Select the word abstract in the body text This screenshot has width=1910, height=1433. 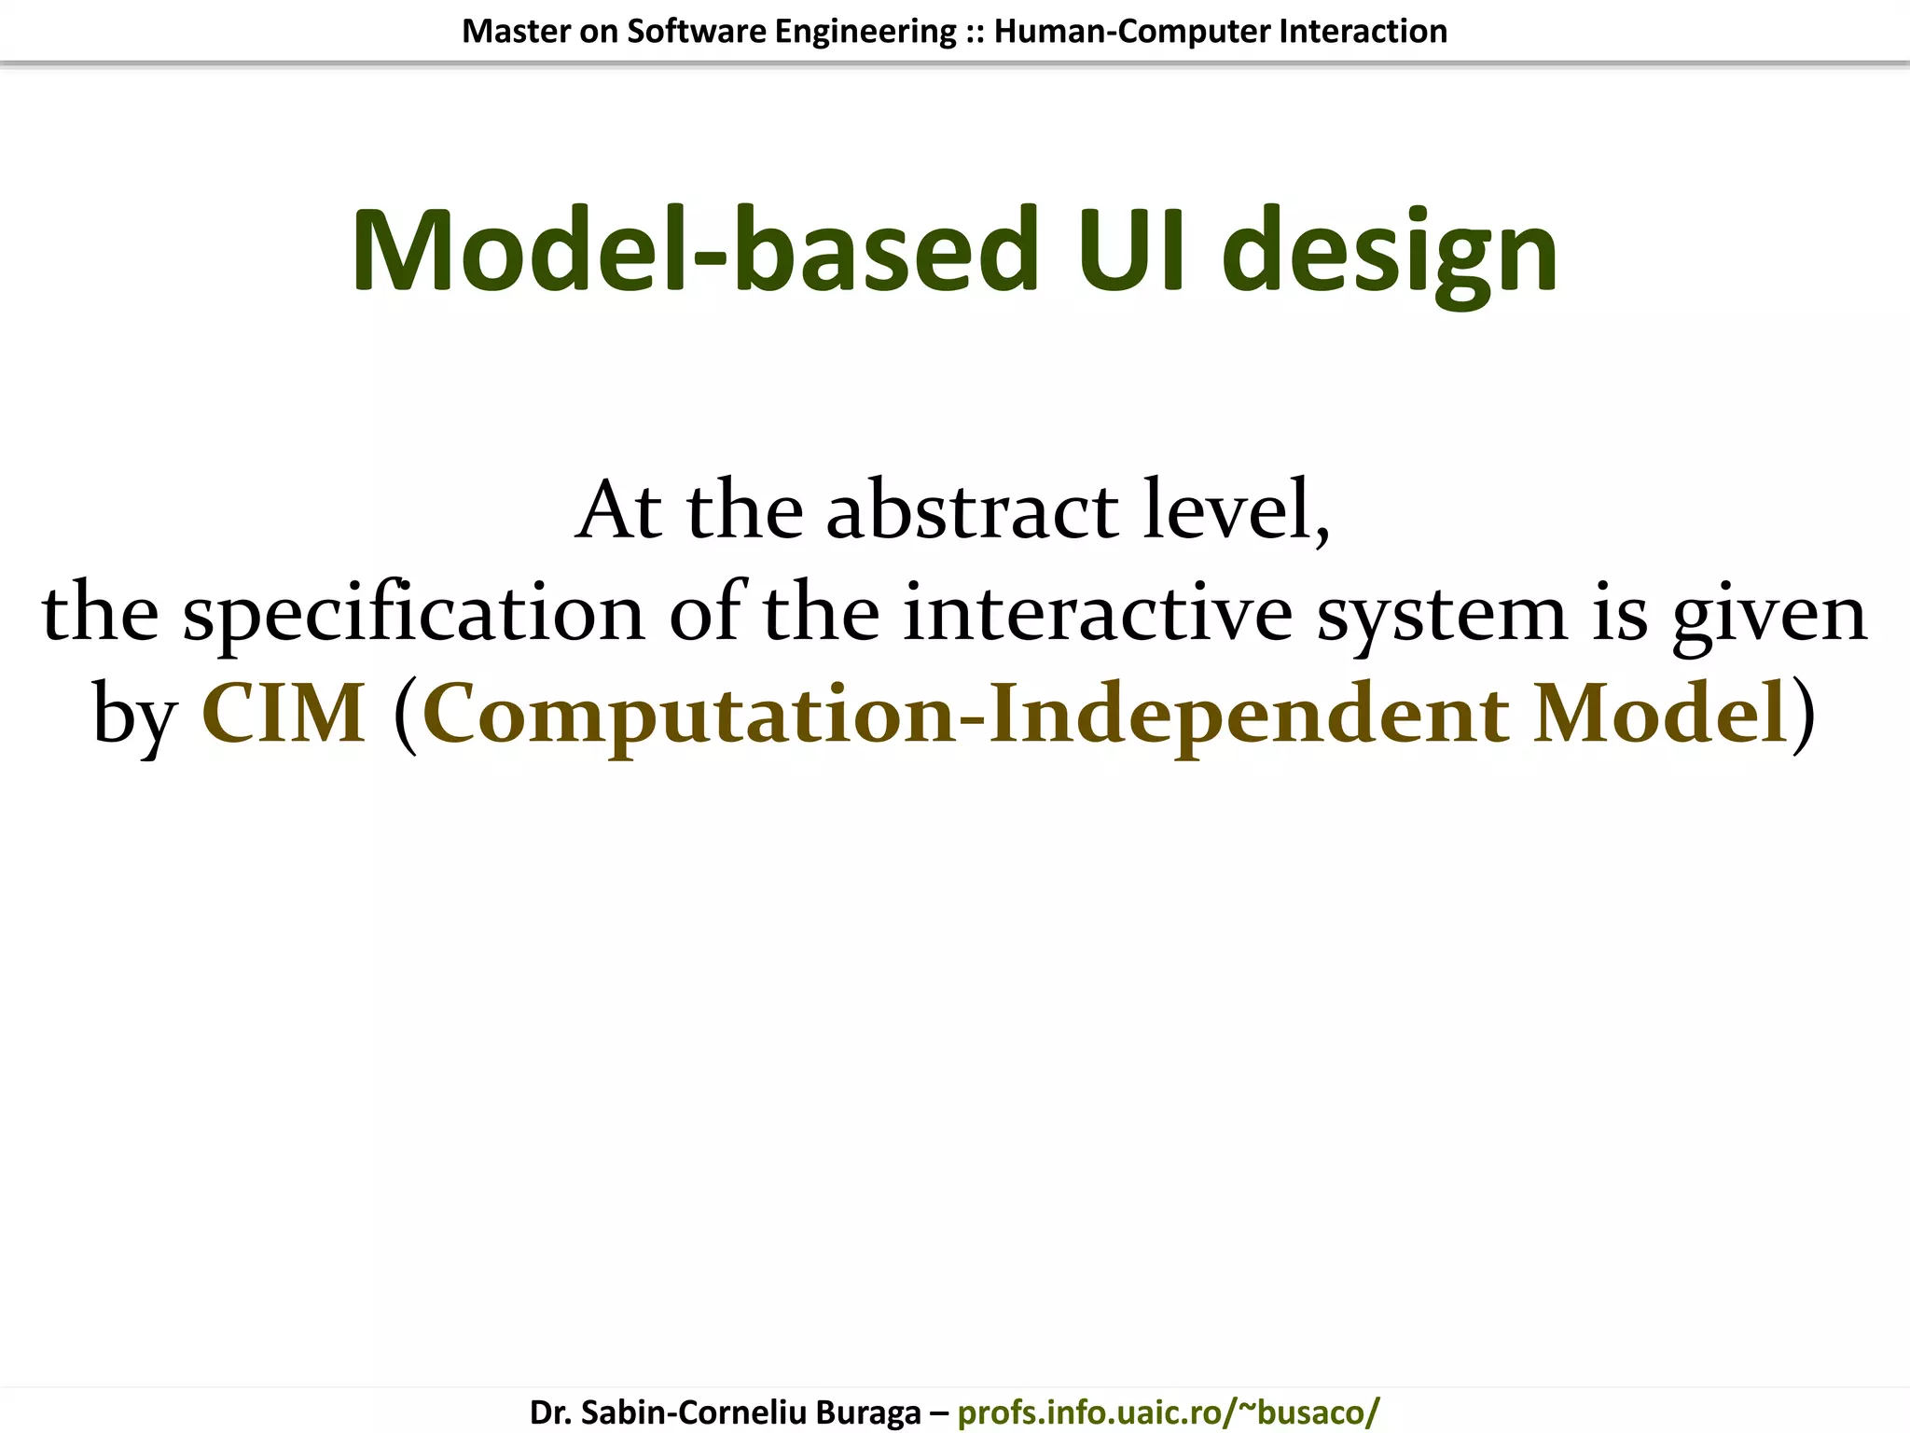coord(972,510)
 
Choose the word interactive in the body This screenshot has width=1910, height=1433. coord(1098,613)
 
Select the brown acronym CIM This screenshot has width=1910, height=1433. coord(284,714)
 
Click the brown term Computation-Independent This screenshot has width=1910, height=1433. coord(965,716)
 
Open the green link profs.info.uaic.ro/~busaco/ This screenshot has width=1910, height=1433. coord(1168,1412)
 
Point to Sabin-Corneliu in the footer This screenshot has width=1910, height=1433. coord(693,1412)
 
